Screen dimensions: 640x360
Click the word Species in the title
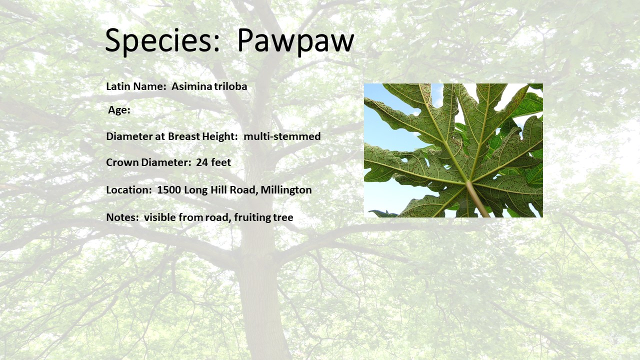pos(162,41)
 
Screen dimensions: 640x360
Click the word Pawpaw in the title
pos(295,41)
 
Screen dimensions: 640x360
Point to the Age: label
pos(119,110)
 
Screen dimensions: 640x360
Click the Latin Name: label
pos(136,86)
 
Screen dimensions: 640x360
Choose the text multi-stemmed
pos(282,136)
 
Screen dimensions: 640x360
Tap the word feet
pos(221,162)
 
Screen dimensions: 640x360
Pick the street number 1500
pos(169,190)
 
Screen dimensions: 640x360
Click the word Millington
pos(286,190)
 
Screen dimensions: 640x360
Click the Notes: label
pos(122,217)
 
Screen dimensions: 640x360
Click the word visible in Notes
pos(159,217)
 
